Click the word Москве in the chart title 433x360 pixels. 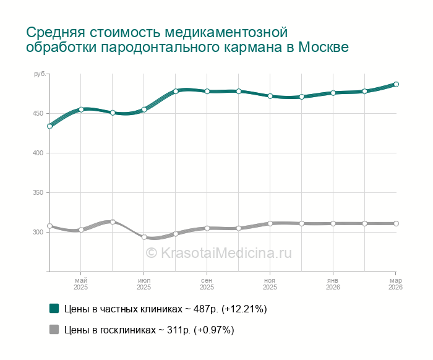point(324,48)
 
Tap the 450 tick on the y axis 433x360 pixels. point(39,113)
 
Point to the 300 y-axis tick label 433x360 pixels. point(39,232)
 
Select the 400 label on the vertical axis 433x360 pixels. point(39,153)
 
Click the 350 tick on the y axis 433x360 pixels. point(39,192)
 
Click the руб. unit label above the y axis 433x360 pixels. point(40,74)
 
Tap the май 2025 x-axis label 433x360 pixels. point(81,284)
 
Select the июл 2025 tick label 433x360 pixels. point(144,284)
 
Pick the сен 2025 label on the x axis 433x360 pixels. point(207,284)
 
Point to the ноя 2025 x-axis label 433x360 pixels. point(270,284)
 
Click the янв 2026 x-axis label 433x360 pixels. point(333,284)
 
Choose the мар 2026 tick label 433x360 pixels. point(396,284)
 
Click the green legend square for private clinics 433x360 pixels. point(54,308)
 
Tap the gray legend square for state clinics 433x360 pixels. point(54,330)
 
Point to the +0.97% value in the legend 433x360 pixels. point(213,330)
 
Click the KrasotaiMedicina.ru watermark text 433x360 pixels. point(218,252)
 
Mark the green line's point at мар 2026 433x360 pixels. point(397,84)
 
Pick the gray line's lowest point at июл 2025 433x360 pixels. point(144,237)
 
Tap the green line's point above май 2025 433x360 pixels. point(81,109)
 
